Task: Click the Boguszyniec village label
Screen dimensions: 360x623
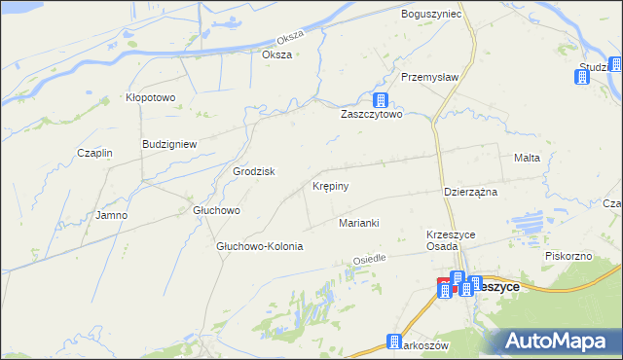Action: [430, 15]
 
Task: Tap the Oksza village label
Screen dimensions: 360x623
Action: [277, 54]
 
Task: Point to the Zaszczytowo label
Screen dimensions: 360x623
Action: [371, 115]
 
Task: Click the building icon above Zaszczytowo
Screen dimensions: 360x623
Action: [381, 100]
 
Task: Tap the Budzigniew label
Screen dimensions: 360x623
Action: [169, 144]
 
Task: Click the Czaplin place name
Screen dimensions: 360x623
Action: [95, 154]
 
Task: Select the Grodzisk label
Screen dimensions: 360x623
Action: [253, 171]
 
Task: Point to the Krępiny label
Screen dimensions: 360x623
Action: [331, 185]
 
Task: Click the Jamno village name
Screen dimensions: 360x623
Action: [111, 215]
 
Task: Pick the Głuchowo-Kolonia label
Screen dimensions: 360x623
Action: [260, 246]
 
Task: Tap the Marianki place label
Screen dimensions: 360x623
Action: [358, 224]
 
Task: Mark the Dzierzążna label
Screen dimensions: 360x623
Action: [470, 192]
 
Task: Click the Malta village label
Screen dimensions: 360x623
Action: [527, 157]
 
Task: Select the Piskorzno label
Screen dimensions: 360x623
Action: [569, 255]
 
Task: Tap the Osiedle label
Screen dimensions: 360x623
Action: [370, 260]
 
